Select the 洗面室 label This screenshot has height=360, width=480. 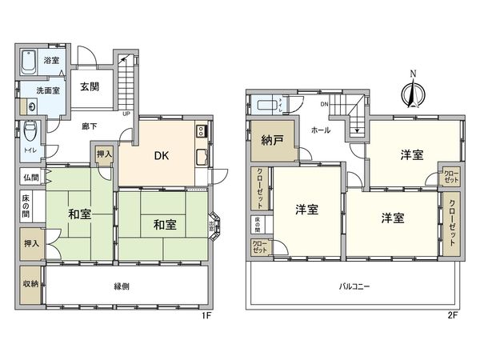coord(46,90)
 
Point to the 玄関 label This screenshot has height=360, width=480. coord(90,86)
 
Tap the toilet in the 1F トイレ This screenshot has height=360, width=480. coord(30,130)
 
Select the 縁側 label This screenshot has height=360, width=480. coord(121,286)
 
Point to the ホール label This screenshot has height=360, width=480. coord(320,129)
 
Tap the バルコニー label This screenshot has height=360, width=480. coord(354,286)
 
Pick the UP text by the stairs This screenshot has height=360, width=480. coord(126,113)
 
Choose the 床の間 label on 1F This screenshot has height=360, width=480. coord(26,206)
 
